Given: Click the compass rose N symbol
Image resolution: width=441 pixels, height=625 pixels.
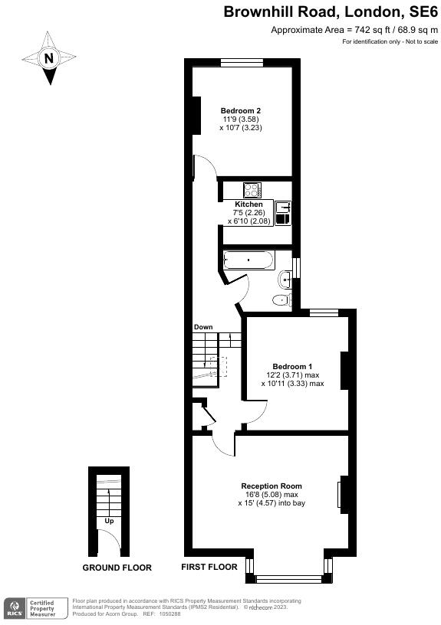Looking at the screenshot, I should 49,58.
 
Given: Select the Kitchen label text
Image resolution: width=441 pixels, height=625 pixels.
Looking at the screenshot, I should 248,205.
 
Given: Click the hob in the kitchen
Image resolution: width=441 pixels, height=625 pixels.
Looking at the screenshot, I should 252,189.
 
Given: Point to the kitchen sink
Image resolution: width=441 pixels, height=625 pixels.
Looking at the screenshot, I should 283,206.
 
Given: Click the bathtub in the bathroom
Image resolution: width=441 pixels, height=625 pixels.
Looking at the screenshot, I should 248,260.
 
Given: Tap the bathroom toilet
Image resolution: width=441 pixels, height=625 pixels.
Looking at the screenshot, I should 282,299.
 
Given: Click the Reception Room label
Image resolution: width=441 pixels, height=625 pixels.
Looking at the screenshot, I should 272,486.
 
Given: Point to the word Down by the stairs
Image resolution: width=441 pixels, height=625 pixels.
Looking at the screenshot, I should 203,327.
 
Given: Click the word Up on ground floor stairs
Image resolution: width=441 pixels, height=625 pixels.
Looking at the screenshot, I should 110,522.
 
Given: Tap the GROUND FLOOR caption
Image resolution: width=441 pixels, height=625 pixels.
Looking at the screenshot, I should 117,568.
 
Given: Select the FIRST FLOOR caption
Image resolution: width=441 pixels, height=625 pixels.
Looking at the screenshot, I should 209,568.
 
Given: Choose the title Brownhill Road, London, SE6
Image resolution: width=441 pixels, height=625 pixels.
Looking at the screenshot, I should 331,11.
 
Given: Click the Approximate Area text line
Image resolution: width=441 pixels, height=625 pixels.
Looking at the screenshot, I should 355,29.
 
